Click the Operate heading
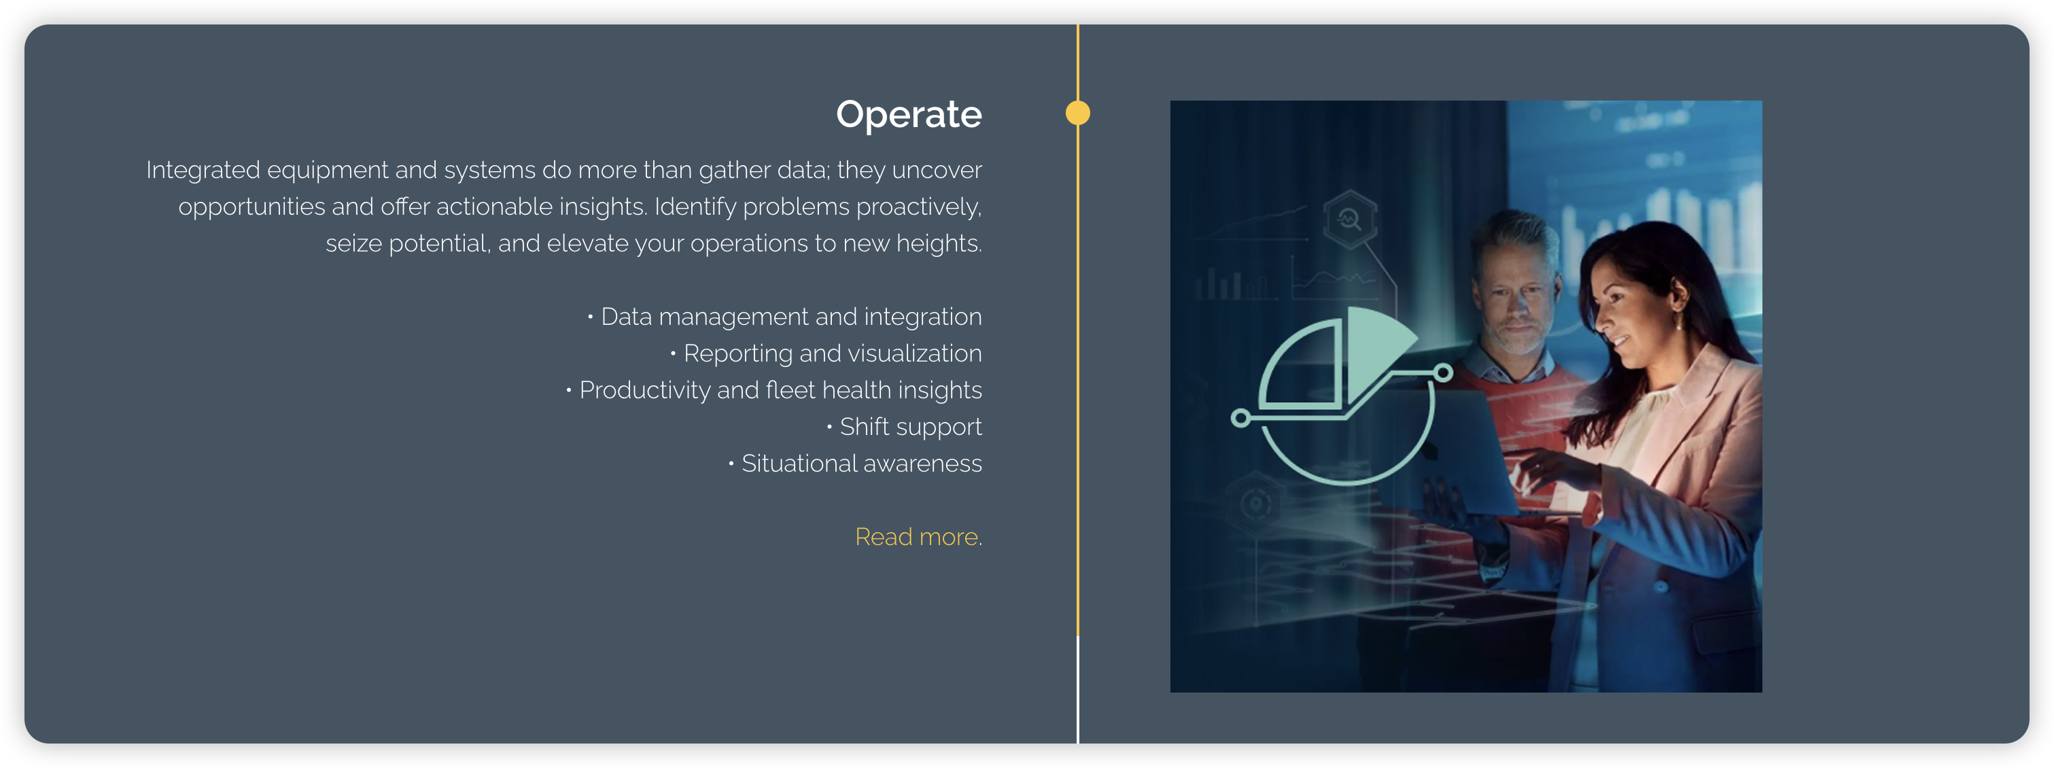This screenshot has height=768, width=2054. [908, 115]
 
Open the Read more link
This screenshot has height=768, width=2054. [918, 537]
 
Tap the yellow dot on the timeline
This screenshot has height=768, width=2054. [1077, 114]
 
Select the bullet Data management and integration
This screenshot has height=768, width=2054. [784, 317]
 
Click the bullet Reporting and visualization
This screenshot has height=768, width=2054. [826, 353]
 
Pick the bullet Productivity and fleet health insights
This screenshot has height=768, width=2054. [773, 390]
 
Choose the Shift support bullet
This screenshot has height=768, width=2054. [904, 427]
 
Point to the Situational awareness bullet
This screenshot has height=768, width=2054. [855, 464]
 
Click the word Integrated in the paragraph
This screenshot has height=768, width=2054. [203, 171]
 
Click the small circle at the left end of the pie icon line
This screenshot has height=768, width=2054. [1240, 418]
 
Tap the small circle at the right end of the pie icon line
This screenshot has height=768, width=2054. [1443, 372]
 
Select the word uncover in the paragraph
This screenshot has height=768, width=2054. [937, 171]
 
